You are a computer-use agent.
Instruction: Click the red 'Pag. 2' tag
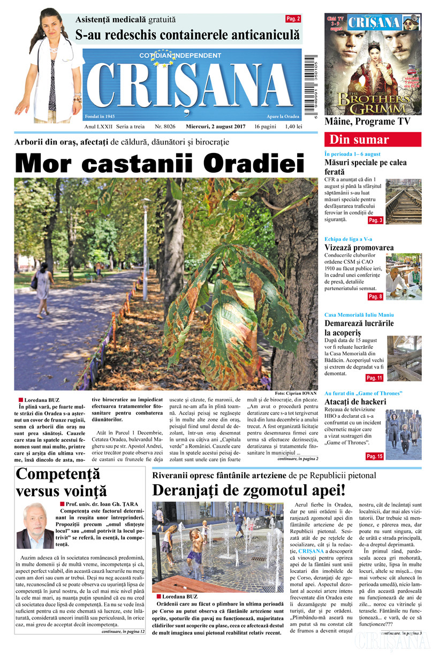coord(293,19)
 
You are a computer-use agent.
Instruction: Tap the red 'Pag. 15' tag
coord(374,456)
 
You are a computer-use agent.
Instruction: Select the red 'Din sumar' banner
coord(373,140)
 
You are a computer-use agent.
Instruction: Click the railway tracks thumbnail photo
coord(404,201)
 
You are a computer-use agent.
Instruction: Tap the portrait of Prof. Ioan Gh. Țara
coord(35,526)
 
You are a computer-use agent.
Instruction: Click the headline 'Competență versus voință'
coord(61,483)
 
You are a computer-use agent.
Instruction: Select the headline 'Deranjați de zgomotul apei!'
coord(249,490)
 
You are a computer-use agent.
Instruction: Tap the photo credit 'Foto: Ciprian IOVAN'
coord(296,393)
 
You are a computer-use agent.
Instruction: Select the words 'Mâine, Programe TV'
coord(367,121)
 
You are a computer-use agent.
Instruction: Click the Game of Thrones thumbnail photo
coord(404,434)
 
